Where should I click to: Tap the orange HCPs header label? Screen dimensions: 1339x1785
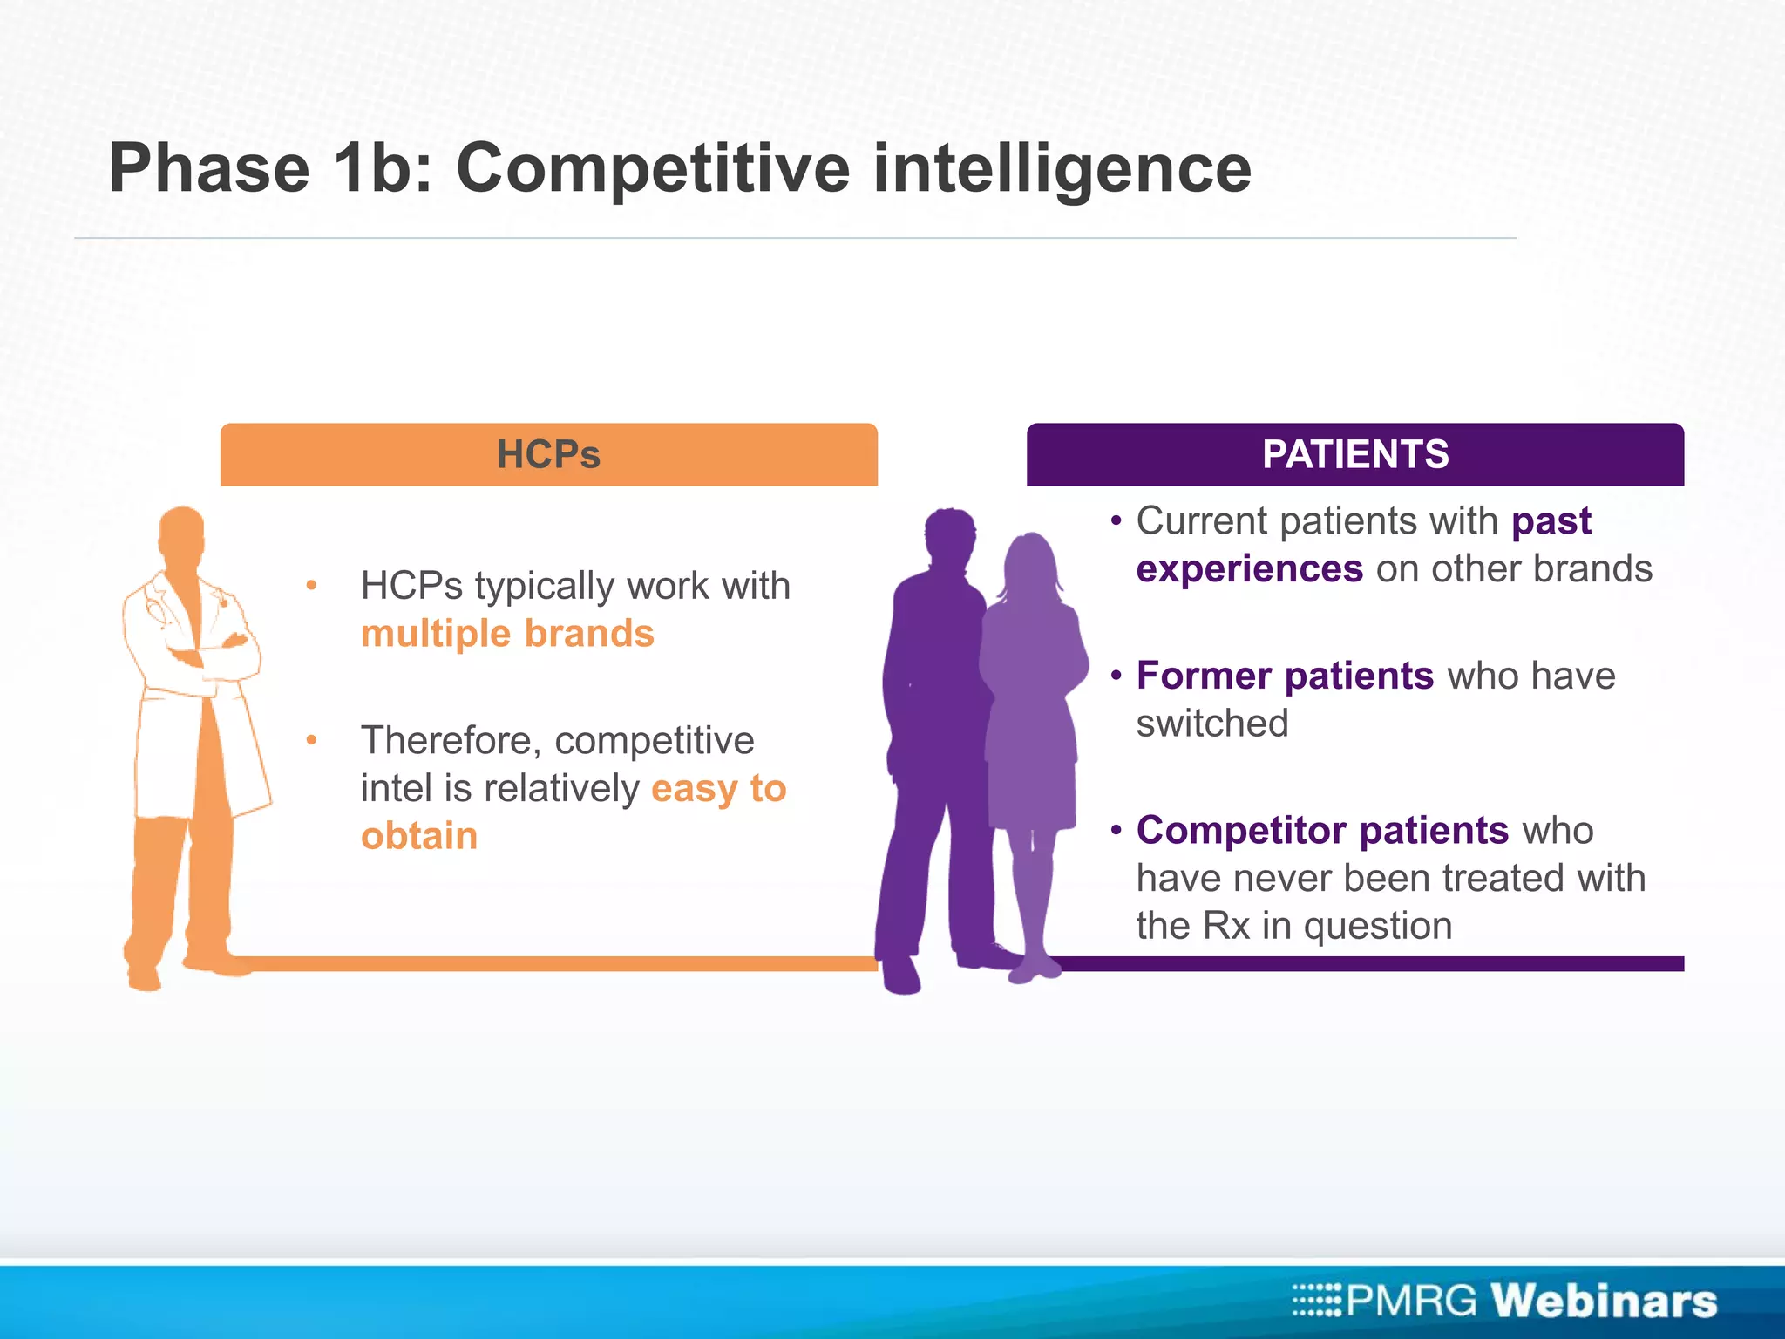548,454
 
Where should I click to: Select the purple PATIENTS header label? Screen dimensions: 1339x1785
1355,454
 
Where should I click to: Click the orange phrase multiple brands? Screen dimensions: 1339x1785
507,634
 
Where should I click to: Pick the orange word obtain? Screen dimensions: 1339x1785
419,836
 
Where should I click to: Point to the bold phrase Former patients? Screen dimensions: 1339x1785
1285,676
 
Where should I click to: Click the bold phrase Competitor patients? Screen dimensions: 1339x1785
1322,830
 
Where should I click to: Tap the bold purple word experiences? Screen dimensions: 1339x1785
1249,569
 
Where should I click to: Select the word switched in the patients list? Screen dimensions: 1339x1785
1211,724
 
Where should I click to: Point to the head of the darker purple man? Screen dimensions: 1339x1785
950,536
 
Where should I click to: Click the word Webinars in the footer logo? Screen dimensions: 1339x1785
1604,1301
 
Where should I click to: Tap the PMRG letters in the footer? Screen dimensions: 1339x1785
1411,1301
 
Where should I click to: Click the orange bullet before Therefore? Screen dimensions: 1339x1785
311,741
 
